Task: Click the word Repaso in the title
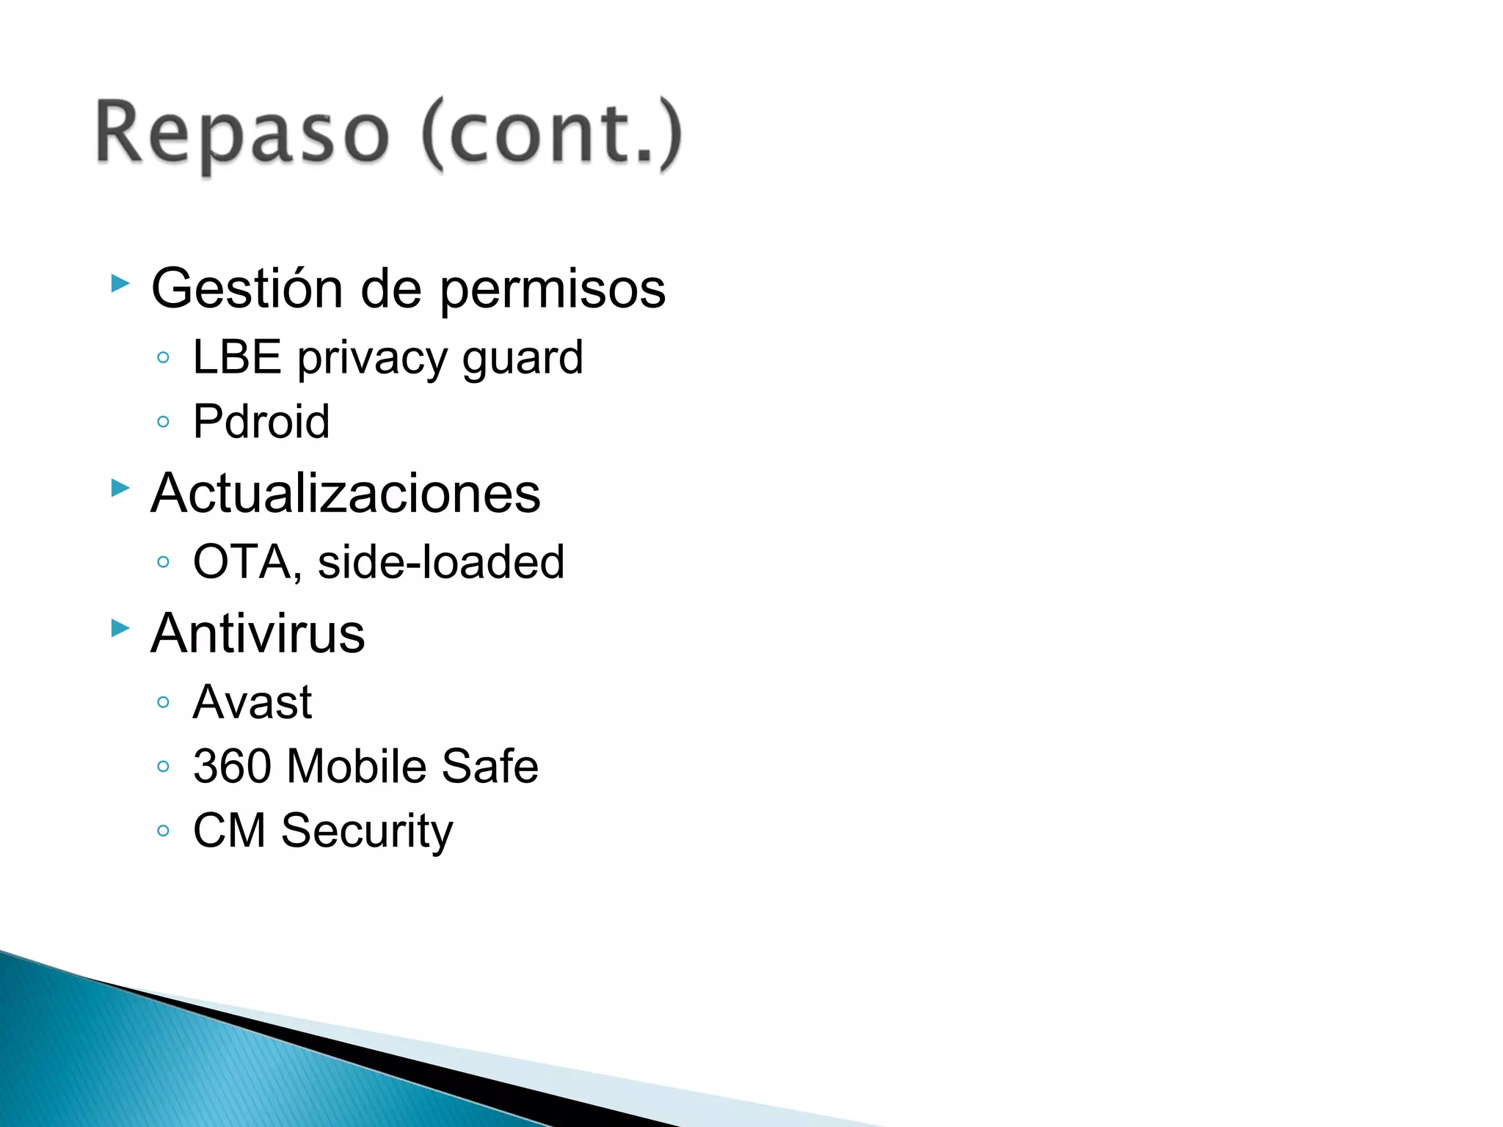click(242, 134)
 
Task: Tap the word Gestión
click(247, 288)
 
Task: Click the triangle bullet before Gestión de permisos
click(120, 283)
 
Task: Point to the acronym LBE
click(236, 358)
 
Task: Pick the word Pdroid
click(261, 422)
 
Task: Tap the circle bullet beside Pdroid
click(164, 422)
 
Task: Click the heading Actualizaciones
click(346, 493)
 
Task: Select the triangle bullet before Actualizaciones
click(120, 488)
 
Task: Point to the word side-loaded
click(441, 563)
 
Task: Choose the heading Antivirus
click(258, 633)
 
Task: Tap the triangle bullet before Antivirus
click(120, 628)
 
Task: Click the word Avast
click(252, 703)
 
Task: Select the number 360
click(230, 767)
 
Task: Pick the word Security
click(367, 832)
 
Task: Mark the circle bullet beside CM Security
click(164, 831)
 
